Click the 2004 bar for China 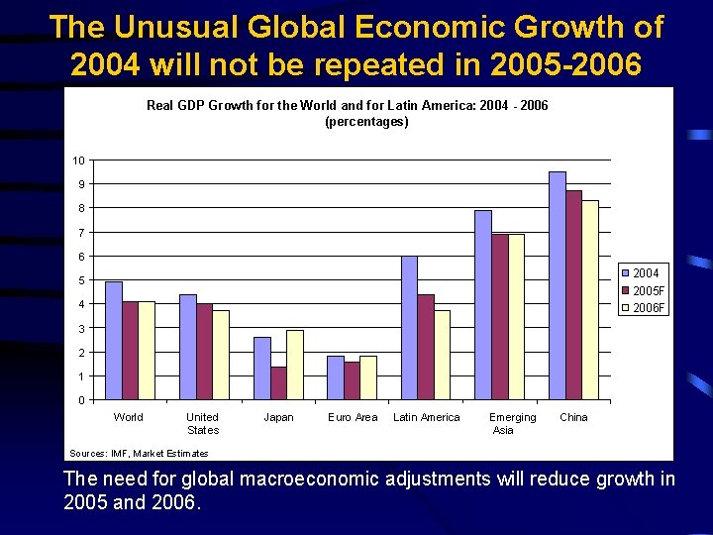coord(558,286)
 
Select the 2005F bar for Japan coord(278,383)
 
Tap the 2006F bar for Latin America coord(442,356)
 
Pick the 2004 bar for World coord(114,341)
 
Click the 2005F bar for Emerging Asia coord(500,317)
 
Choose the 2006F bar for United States coord(221,356)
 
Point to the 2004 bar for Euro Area coord(336,378)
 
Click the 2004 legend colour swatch coord(625,273)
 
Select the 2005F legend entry coord(643,290)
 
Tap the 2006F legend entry coord(643,308)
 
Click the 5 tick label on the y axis coord(81,280)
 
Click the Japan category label coord(278,417)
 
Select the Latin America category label coord(427,417)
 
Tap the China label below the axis coord(573,417)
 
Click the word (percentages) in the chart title coord(367,122)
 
